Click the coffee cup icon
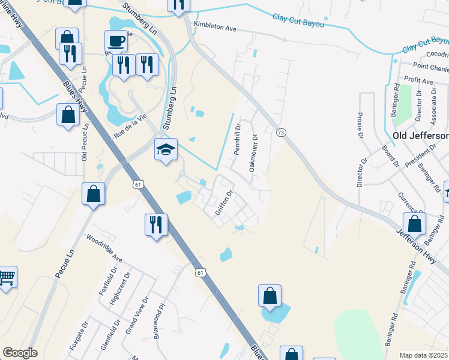116,41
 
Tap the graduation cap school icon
166,149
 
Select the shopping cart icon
6,277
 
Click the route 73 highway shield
280,132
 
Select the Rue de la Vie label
130,124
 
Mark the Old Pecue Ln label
85,142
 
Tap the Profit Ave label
419,80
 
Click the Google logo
20,353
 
